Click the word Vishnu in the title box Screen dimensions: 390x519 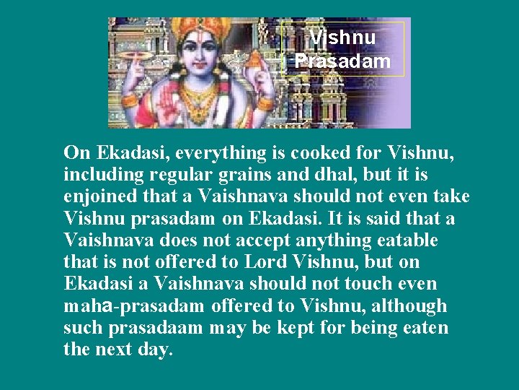(x=342, y=37)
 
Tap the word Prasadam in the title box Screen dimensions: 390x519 (x=342, y=61)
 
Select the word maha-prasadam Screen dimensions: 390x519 (x=136, y=306)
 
